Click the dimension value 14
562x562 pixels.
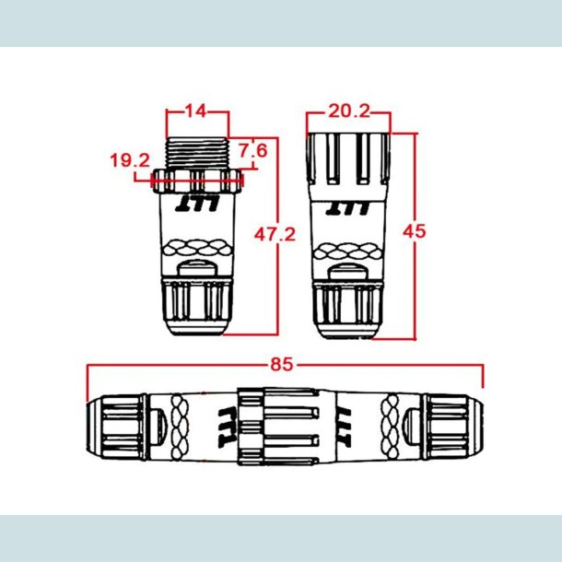196,111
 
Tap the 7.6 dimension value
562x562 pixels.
252,149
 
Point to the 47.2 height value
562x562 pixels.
275,235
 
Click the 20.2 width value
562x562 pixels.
349,111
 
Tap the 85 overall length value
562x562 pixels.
282,364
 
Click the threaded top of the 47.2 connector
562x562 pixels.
197,153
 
